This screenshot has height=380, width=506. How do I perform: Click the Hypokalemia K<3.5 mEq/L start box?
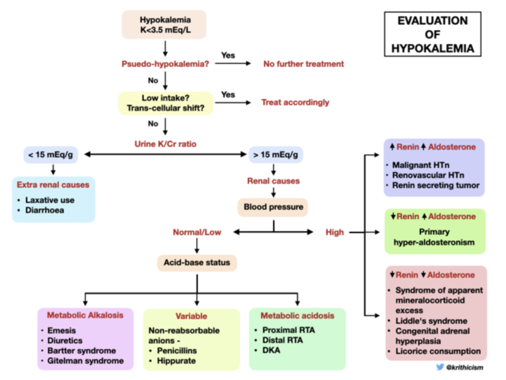(x=164, y=24)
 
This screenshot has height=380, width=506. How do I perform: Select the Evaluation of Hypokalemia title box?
(x=433, y=34)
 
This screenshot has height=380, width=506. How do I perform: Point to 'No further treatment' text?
(x=304, y=64)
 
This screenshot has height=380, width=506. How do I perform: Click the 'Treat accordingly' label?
(x=295, y=103)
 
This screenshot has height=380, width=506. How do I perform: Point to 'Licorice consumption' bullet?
(x=438, y=351)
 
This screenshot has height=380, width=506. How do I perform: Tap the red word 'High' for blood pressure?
(x=335, y=231)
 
